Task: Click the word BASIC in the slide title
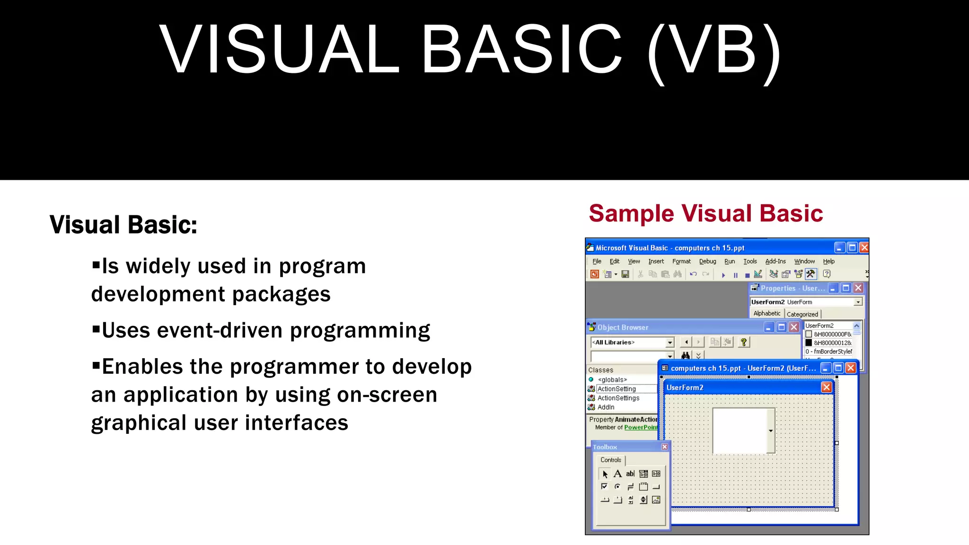[521, 50]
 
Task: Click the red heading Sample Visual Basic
[705, 213]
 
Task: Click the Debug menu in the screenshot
[707, 261]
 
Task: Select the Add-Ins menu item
[775, 261]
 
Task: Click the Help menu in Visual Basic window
[828, 261]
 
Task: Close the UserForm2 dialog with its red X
[826, 387]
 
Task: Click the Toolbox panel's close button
[664, 447]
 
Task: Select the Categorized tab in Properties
[802, 314]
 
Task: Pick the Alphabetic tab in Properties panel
[766, 314]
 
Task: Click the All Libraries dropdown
[632, 342]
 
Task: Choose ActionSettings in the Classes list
[618, 398]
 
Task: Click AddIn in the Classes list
[606, 407]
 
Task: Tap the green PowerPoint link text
[641, 427]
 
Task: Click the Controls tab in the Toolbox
[610, 460]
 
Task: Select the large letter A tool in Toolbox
[617, 474]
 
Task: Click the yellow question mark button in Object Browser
[743, 342]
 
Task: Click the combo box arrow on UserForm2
[771, 431]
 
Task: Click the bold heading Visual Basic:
[123, 225]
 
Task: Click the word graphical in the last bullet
[139, 423]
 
